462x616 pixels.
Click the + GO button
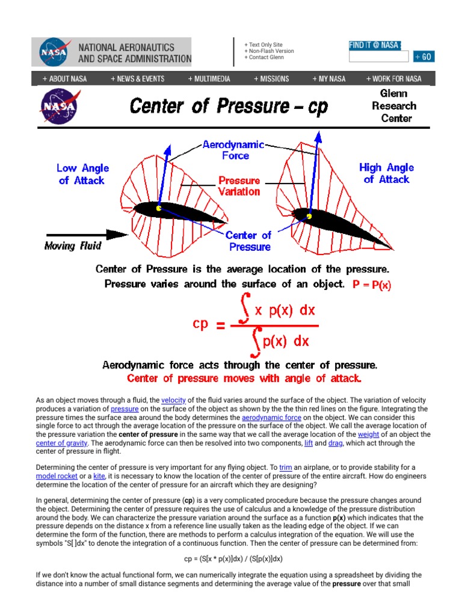point(423,57)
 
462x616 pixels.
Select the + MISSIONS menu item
point(271,79)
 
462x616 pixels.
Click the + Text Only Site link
point(263,45)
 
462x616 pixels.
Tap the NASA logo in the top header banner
point(54,52)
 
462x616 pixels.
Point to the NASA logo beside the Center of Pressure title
point(58,106)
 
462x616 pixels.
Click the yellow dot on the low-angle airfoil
point(159,209)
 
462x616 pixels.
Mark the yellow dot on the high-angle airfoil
point(309,216)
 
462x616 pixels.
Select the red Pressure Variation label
point(239,186)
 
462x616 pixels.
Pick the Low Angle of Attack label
point(81,174)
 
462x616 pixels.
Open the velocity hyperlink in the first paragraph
point(173,400)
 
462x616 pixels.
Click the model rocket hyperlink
point(57,476)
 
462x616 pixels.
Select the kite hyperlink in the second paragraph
point(99,476)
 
